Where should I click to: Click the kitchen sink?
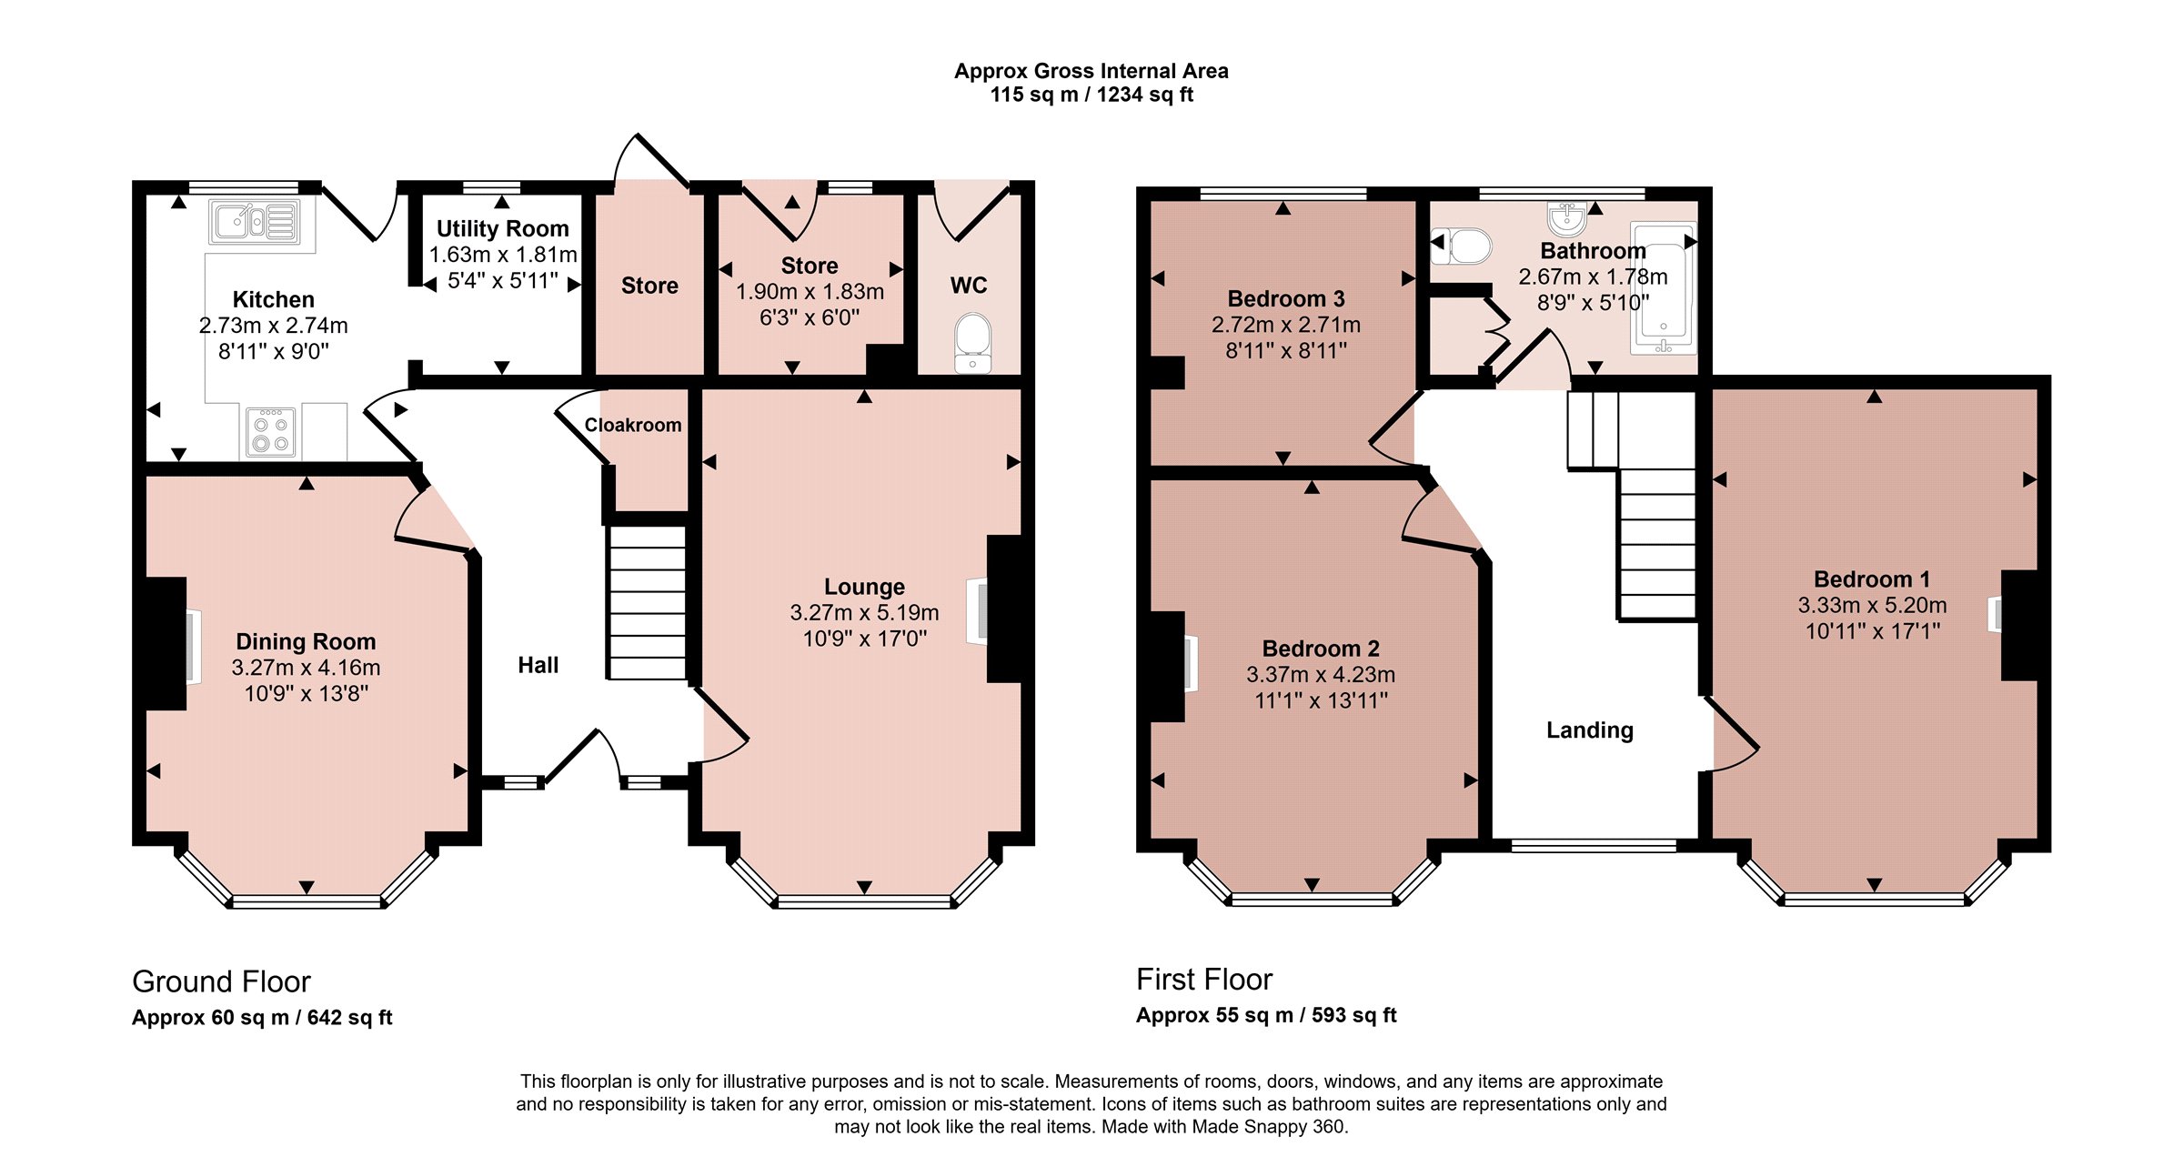[255, 221]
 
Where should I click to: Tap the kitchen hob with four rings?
[271, 432]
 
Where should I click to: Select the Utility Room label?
[503, 228]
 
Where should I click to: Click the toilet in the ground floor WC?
[972, 343]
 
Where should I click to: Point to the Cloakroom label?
[633, 425]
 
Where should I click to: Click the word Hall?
[538, 665]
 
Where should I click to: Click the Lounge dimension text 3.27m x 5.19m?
[864, 612]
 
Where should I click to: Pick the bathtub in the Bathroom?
[1664, 287]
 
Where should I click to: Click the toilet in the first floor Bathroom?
[1462, 246]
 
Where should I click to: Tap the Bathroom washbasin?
[1567, 219]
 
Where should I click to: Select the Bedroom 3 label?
[1286, 298]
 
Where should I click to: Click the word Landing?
[1590, 730]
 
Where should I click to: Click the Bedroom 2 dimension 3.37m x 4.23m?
[1321, 674]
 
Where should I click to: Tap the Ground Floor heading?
[221, 981]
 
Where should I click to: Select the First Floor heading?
[1204, 979]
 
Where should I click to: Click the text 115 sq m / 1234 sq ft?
[1091, 95]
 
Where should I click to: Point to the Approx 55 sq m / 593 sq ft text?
[1266, 1015]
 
